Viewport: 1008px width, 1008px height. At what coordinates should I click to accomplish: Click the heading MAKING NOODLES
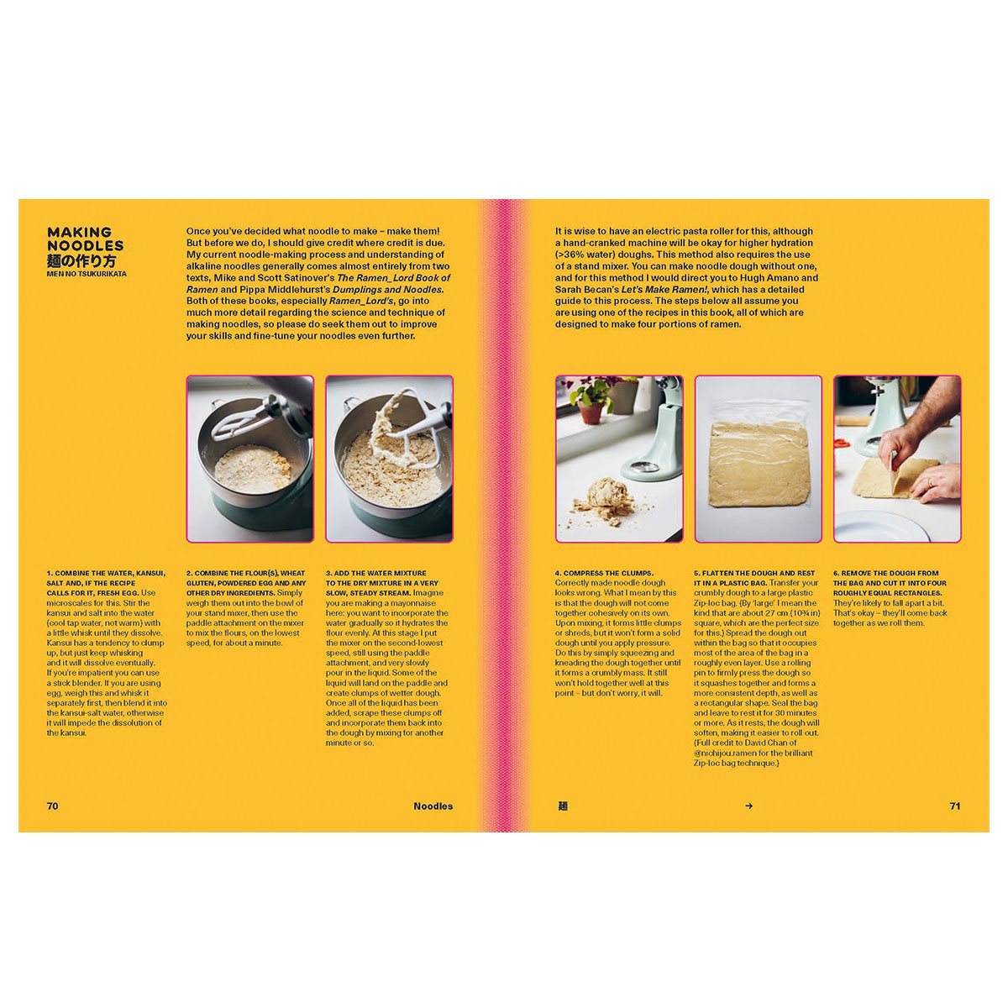[86, 239]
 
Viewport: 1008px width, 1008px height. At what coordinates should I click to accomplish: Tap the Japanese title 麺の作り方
[81, 261]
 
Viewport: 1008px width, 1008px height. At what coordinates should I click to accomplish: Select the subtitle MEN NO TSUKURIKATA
[87, 274]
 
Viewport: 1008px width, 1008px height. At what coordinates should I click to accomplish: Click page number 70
[52, 806]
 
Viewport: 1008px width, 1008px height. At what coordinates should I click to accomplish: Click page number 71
[954, 806]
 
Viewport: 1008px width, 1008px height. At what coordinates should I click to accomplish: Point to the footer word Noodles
[433, 806]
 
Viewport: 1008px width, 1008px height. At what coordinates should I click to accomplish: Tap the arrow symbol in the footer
[748, 806]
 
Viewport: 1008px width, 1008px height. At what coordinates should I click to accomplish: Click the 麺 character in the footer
[562, 806]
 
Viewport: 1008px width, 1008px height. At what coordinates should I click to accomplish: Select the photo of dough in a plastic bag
[758, 459]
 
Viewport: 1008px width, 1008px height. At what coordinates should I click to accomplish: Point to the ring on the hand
[931, 482]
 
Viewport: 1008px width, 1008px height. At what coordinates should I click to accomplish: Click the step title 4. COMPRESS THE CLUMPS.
[604, 573]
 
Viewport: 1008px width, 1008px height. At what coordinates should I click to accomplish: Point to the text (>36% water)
[589, 255]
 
